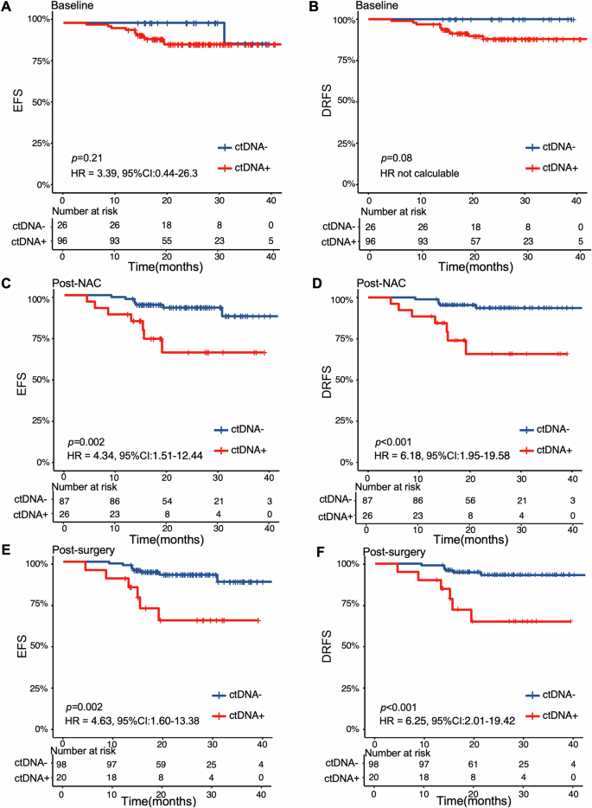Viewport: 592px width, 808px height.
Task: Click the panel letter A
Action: [x=7, y=6]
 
